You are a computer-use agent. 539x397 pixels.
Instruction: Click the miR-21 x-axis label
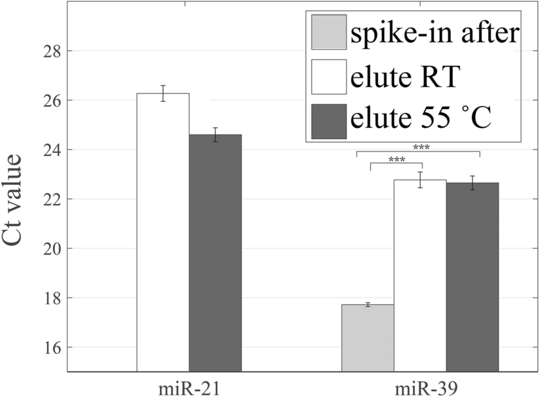coord(189,385)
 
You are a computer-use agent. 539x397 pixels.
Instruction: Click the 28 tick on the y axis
coord(55,51)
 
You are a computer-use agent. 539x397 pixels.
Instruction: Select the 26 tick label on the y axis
coord(55,101)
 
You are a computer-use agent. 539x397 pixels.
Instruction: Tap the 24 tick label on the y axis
coord(55,150)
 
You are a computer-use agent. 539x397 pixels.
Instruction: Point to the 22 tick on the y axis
coord(55,199)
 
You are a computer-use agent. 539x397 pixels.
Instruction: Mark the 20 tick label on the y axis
coord(55,249)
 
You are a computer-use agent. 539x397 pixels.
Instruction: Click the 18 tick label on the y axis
coord(55,298)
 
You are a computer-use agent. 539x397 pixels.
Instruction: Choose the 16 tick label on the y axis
coord(55,347)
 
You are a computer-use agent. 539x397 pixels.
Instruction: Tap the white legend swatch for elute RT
coord(330,76)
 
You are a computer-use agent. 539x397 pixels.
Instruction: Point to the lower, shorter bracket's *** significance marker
coord(396,160)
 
